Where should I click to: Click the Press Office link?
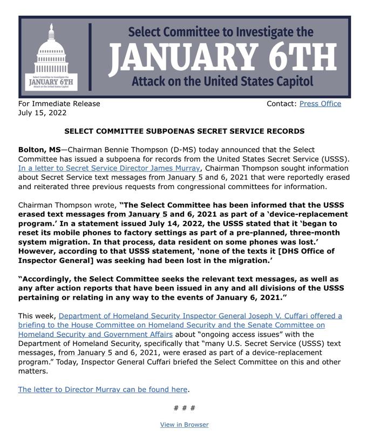pos(320,103)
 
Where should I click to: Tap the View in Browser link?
pos(184,425)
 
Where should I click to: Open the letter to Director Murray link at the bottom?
pos(103,389)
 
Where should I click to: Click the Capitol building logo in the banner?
pos(52,57)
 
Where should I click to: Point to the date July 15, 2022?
pos(43,113)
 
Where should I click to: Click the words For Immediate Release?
pos(59,103)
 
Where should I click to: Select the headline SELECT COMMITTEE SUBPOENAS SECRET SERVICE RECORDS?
pos(184,131)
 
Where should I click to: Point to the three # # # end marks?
pos(184,408)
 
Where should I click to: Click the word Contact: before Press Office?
pos(281,103)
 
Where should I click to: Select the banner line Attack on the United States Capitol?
pos(222,82)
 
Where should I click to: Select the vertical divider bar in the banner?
pos(89,57)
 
